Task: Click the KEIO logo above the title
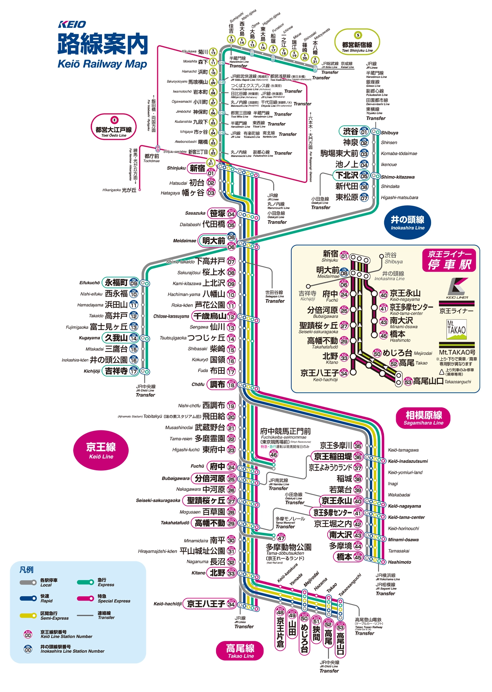click(x=72, y=24)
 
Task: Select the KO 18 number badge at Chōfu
click(x=231, y=385)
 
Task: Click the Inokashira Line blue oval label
click(x=408, y=222)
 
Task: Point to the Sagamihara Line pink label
click(x=423, y=417)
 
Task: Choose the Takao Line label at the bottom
click(x=240, y=650)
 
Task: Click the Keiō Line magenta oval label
click(x=101, y=450)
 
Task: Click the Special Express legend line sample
click(x=86, y=598)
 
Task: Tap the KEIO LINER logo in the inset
click(x=457, y=288)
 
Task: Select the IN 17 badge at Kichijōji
click(x=134, y=371)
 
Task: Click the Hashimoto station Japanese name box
click(x=344, y=557)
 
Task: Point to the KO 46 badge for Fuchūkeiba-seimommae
click(x=273, y=454)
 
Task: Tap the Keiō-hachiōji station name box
click(x=206, y=604)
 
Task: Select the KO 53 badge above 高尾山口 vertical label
click(x=340, y=627)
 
